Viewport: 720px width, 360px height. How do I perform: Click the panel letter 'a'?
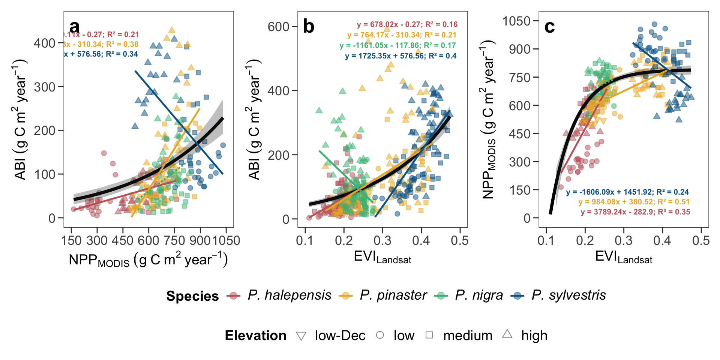click(75, 27)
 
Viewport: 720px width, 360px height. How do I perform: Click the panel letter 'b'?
click(309, 27)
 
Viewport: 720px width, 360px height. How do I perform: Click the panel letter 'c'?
click(549, 27)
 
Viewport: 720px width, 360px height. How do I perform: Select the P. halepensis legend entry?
click(289, 295)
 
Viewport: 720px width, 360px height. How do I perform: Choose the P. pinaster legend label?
click(393, 295)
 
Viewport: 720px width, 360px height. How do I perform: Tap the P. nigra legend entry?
click(478, 295)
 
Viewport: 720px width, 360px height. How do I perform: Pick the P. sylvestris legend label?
click(568, 295)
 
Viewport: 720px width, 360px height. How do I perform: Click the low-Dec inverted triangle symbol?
click(301, 336)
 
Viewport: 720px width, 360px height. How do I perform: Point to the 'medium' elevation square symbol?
click(429, 335)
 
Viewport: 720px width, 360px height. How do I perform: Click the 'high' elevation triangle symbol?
click(507, 334)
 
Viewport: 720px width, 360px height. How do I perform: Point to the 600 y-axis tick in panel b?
click(278, 27)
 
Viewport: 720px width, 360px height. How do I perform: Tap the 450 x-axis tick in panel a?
click(123, 240)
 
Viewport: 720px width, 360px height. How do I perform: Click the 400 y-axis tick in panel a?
click(45, 43)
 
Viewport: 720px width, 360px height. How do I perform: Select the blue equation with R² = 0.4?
click(400, 56)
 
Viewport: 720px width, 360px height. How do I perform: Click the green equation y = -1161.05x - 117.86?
click(397, 45)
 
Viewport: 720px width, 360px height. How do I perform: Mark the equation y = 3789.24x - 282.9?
click(635, 212)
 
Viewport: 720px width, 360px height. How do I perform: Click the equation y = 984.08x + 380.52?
click(634, 202)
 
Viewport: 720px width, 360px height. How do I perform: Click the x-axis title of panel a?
click(148, 260)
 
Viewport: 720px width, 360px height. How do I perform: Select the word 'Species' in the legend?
click(192, 296)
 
